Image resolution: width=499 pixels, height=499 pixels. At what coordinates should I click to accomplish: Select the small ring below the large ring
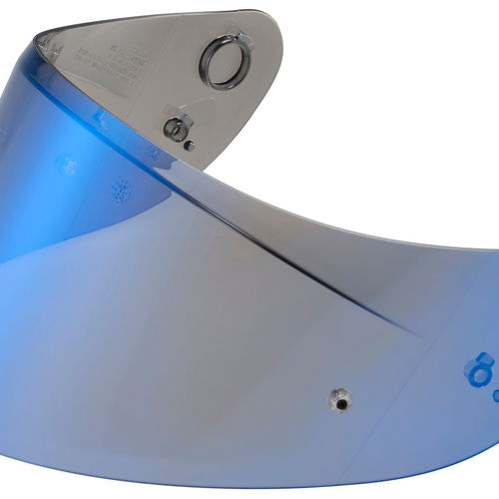click(177, 127)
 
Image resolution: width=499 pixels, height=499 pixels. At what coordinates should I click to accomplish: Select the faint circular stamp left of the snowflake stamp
click(68, 165)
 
